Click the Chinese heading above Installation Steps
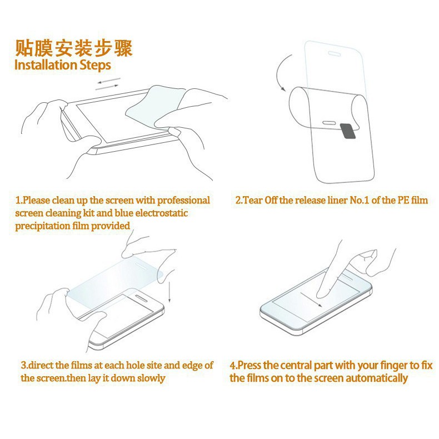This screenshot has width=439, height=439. pyautogui.click(x=73, y=48)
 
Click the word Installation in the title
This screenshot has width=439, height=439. pyautogui.click(x=46, y=64)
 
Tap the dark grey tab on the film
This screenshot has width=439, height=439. pyautogui.click(x=348, y=131)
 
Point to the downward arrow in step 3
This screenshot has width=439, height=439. pyautogui.click(x=169, y=292)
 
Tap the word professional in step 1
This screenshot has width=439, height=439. pyautogui.click(x=183, y=200)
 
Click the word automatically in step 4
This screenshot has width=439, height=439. pyautogui.click(x=377, y=378)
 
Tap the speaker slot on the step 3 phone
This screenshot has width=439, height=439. pyautogui.click(x=141, y=298)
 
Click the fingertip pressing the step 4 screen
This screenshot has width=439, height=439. pyautogui.click(x=322, y=294)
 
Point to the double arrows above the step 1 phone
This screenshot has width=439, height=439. pyautogui.click(x=108, y=84)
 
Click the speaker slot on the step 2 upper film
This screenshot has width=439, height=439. pyautogui.click(x=335, y=53)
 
